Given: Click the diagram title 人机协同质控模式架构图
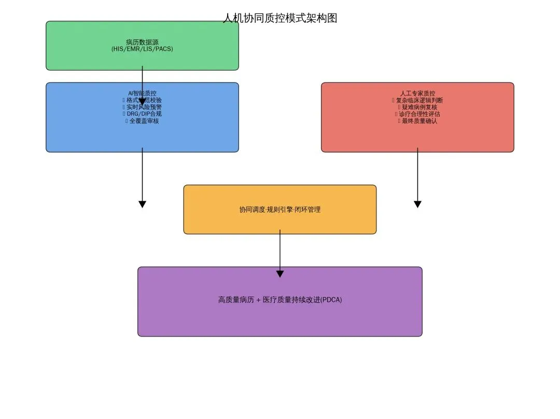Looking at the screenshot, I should (x=280, y=18).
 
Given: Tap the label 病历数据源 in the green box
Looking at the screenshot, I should (x=142, y=42).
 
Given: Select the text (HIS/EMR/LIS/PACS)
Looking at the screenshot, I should (x=142, y=49).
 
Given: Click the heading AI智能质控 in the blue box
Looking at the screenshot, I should (x=142, y=93).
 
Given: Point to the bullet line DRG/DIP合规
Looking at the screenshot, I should (x=144, y=114).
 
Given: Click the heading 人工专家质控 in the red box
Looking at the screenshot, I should (x=417, y=93).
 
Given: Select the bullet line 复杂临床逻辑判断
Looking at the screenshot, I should (x=419, y=100).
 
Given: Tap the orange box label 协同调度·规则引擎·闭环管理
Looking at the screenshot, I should (x=280, y=209).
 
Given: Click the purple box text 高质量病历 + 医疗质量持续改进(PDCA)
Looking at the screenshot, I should (x=280, y=300).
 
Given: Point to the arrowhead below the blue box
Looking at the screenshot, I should (x=142, y=204).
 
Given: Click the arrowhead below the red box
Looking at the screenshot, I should (x=417, y=204).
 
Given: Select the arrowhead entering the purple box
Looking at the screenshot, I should (x=280, y=274).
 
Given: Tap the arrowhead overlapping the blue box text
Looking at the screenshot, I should (x=142, y=102).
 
